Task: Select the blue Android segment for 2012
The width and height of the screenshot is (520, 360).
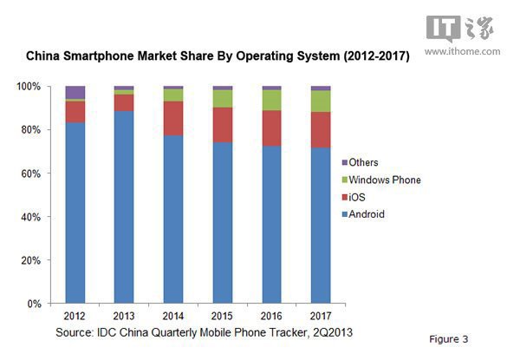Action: tap(75, 213)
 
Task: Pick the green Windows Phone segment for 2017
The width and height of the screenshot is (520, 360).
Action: tap(321, 101)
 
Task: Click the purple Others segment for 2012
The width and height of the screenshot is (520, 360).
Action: tap(75, 92)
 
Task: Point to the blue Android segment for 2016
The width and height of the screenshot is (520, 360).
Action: tap(271, 225)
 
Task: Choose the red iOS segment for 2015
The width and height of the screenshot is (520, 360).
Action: tap(222, 125)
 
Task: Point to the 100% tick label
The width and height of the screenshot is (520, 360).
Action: tap(29, 87)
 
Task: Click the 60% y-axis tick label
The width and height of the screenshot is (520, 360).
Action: tap(31, 173)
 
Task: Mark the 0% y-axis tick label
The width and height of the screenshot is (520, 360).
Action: tap(34, 304)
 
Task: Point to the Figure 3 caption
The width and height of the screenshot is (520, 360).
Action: tap(450, 337)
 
